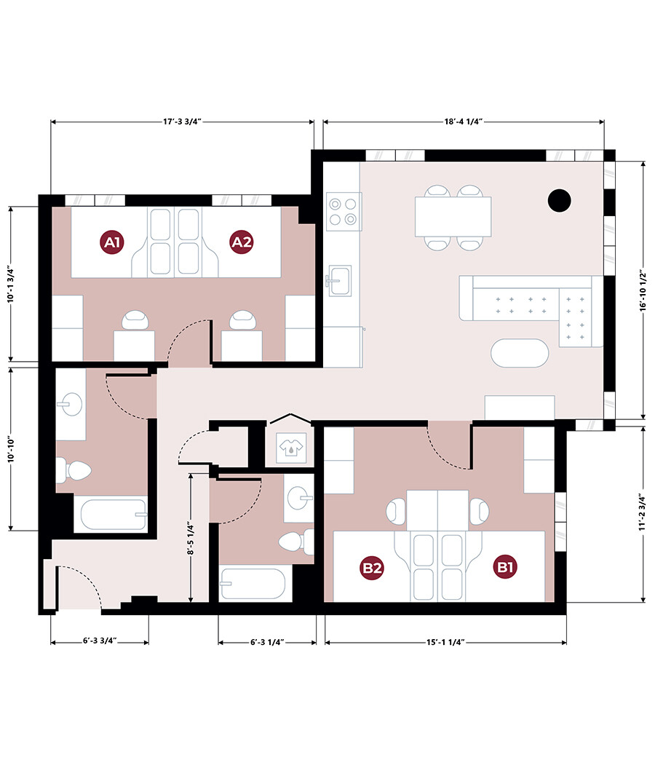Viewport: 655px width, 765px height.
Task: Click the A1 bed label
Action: [x=111, y=242]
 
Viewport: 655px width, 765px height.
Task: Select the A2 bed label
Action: [x=242, y=242]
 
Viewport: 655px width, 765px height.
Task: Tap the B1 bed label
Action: [x=505, y=567]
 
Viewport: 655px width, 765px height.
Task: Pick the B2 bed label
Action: [x=372, y=568]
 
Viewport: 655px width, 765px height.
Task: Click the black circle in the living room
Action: [x=559, y=200]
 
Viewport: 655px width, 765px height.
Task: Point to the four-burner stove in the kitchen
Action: [x=344, y=212]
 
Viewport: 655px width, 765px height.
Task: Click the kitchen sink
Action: [x=339, y=280]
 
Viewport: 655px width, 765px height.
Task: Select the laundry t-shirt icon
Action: [x=291, y=446]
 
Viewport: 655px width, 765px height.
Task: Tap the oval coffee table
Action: [x=520, y=353]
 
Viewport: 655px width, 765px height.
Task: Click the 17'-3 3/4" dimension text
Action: [x=183, y=122]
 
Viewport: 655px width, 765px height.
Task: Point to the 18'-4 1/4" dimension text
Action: [x=464, y=122]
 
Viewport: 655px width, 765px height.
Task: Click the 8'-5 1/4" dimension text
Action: [x=191, y=539]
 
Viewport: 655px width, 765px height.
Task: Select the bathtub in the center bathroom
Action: [x=253, y=584]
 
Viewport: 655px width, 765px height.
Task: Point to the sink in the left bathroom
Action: [x=70, y=405]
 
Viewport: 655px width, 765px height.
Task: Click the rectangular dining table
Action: [x=453, y=217]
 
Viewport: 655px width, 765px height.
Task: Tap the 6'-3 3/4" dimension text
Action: [x=100, y=641]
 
